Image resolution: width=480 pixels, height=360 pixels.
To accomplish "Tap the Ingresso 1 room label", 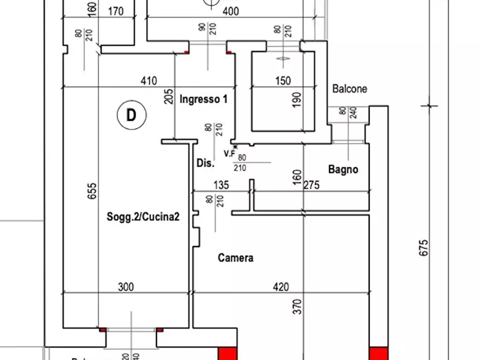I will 204,99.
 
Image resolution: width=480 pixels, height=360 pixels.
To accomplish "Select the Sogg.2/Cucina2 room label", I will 142,217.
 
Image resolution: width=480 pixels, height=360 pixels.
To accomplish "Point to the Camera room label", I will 235,258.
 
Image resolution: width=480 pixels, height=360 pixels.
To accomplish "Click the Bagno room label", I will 343,170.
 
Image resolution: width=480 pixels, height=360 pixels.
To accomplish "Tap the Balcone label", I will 349,89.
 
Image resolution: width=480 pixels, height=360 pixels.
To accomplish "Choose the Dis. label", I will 205,163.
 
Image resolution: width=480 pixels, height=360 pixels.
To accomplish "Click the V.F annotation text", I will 230,154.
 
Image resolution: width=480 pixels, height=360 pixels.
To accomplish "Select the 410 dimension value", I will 148,81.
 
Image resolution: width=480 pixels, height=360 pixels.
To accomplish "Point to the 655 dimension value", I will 92,191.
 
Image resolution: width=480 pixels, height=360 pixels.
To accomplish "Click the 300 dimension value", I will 125,287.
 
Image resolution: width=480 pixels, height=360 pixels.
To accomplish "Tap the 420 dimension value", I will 280,287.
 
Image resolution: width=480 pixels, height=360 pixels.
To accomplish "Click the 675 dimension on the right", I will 424,248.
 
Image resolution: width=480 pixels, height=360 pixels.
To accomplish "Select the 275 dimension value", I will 311,185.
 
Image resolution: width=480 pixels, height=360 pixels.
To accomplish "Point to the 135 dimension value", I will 221,185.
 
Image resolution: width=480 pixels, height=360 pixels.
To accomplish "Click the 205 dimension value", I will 169,96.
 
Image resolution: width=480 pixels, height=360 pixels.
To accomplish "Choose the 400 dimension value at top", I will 231,11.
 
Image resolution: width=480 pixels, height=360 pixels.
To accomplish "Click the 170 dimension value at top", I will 116,11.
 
